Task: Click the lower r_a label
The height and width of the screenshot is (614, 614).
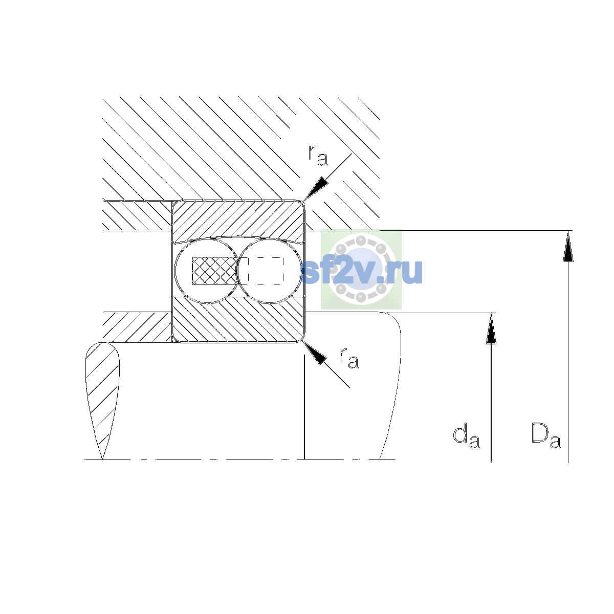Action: tap(348, 358)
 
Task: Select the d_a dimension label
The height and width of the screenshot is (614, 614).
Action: tap(466, 436)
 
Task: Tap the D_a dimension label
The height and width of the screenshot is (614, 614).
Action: tap(546, 435)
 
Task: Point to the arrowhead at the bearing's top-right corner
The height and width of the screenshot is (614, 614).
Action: tap(316, 188)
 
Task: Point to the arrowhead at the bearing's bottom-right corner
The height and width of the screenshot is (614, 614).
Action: tap(315, 353)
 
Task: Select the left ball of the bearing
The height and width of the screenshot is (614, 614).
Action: tap(207, 271)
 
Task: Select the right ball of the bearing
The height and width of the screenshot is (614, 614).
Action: tap(270, 271)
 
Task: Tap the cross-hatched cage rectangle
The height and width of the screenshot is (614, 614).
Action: tap(214, 271)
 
